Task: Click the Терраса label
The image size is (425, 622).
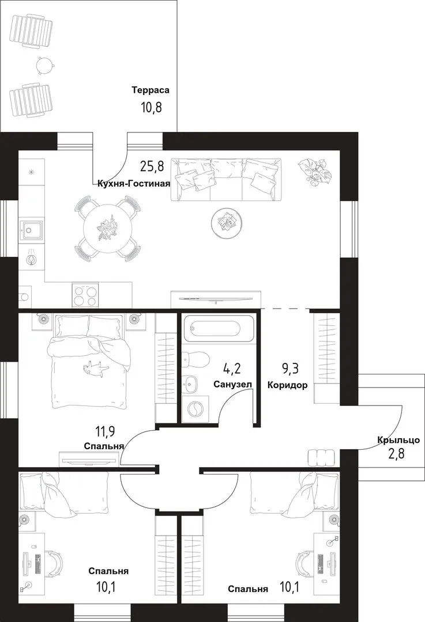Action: pyautogui.click(x=151, y=90)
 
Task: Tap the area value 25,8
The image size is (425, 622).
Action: pyautogui.click(x=152, y=166)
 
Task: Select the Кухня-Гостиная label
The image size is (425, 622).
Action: pyautogui.click(x=134, y=184)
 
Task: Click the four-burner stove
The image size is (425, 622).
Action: pyautogui.click(x=85, y=295)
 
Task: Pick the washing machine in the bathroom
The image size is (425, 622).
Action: pyautogui.click(x=195, y=408)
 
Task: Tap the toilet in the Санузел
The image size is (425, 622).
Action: pyautogui.click(x=197, y=360)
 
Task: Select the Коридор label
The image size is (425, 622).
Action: pyautogui.click(x=287, y=385)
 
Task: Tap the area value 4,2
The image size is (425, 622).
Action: pyautogui.click(x=232, y=369)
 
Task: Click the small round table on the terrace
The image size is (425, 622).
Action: pyautogui.click(x=44, y=65)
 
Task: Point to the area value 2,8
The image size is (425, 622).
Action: pyautogui.click(x=396, y=453)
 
